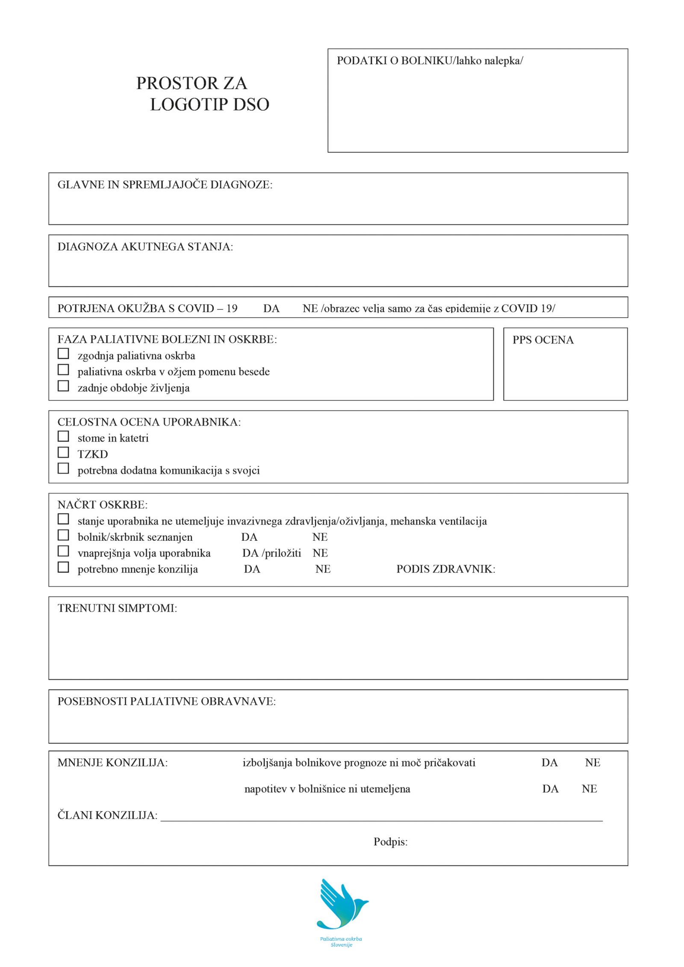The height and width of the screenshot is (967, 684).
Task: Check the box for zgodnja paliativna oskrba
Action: [63, 354]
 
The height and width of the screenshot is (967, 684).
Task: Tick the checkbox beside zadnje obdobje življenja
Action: [63, 386]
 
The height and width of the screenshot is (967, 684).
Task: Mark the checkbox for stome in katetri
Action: [63, 436]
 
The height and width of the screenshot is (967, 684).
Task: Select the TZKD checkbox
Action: [63, 452]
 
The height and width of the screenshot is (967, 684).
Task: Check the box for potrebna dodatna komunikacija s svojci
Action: [63, 468]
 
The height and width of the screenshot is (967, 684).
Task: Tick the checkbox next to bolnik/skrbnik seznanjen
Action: [63, 535]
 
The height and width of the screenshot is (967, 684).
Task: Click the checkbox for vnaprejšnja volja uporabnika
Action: [63, 551]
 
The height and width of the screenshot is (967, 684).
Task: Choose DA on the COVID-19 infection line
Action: [271, 309]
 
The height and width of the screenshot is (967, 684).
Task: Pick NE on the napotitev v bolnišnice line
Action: [589, 789]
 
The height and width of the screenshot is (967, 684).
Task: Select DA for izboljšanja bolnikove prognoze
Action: [549, 763]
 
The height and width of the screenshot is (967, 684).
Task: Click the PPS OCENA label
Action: [543, 340]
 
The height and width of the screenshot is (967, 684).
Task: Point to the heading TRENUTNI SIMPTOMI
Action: [117, 608]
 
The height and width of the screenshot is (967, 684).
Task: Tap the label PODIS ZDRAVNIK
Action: [445, 569]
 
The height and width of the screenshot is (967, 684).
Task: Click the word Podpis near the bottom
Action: [390, 842]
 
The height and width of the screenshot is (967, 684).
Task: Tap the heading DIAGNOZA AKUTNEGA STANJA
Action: [145, 247]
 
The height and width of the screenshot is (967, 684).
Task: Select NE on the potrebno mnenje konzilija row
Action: [323, 569]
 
